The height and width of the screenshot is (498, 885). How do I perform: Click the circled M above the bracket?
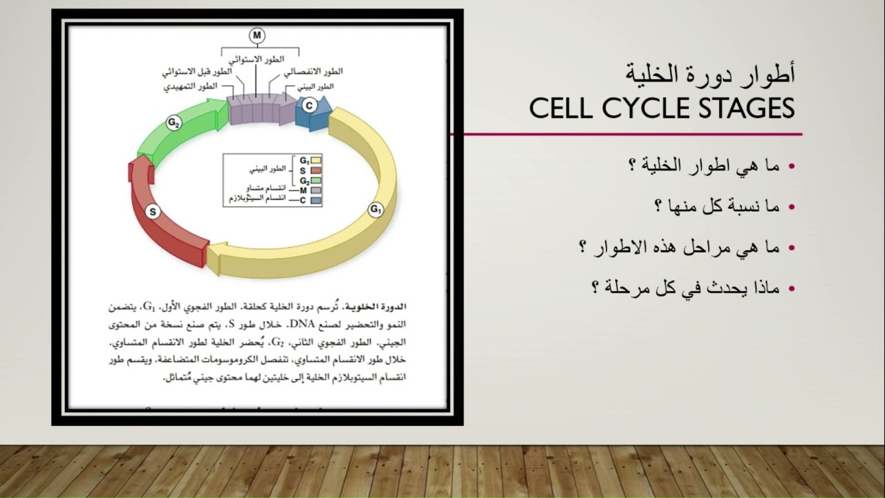[257, 35]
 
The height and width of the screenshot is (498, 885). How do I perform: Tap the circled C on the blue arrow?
[309, 105]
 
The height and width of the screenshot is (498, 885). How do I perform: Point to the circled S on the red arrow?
[154, 212]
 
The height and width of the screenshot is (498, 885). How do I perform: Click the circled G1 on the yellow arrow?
[375, 210]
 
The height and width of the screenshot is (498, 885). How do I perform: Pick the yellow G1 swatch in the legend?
[317, 160]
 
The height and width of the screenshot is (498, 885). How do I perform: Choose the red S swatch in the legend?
[317, 170]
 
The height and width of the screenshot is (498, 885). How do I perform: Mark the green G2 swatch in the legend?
[317, 180]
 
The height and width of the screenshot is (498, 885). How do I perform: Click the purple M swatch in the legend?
[317, 190]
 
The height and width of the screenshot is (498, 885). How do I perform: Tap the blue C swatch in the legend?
[317, 199]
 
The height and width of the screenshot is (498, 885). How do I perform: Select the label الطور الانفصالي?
[313, 71]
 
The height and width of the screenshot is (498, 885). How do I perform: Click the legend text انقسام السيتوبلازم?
[253, 199]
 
